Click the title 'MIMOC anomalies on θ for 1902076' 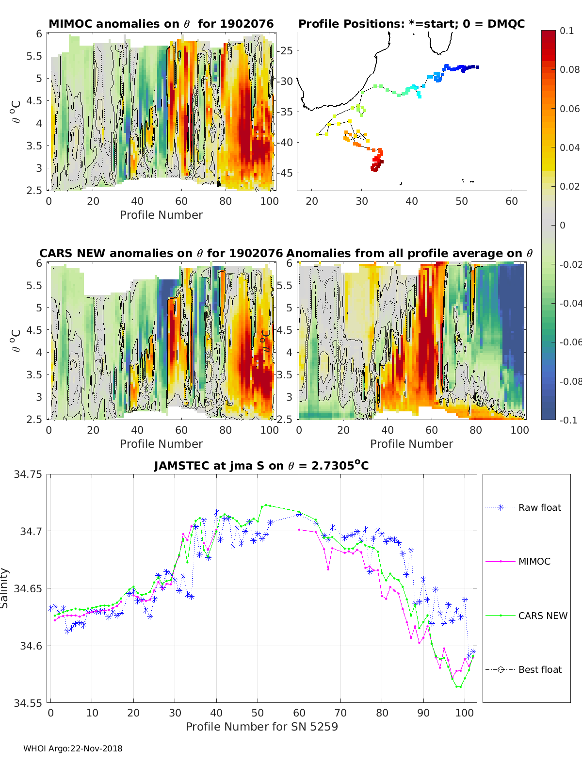[161, 24]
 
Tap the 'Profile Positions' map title [411, 24]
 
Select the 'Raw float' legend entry [539, 507]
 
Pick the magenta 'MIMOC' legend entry [534, 561]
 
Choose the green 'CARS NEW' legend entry [542, 616]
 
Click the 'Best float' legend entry [539, 669]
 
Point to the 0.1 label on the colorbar [566, 31]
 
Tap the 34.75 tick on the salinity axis [28, 474]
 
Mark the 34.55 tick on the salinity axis [28, 702]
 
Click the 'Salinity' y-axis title [5, 588]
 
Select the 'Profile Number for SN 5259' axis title [262, 727]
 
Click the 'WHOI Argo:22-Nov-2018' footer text [73, 748]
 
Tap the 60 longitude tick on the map [512, 201]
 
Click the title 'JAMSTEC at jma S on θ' [261, 466]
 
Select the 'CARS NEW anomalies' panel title [161, 253]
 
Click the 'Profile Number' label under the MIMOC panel [161, 215]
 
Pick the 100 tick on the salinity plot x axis [465, 713]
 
